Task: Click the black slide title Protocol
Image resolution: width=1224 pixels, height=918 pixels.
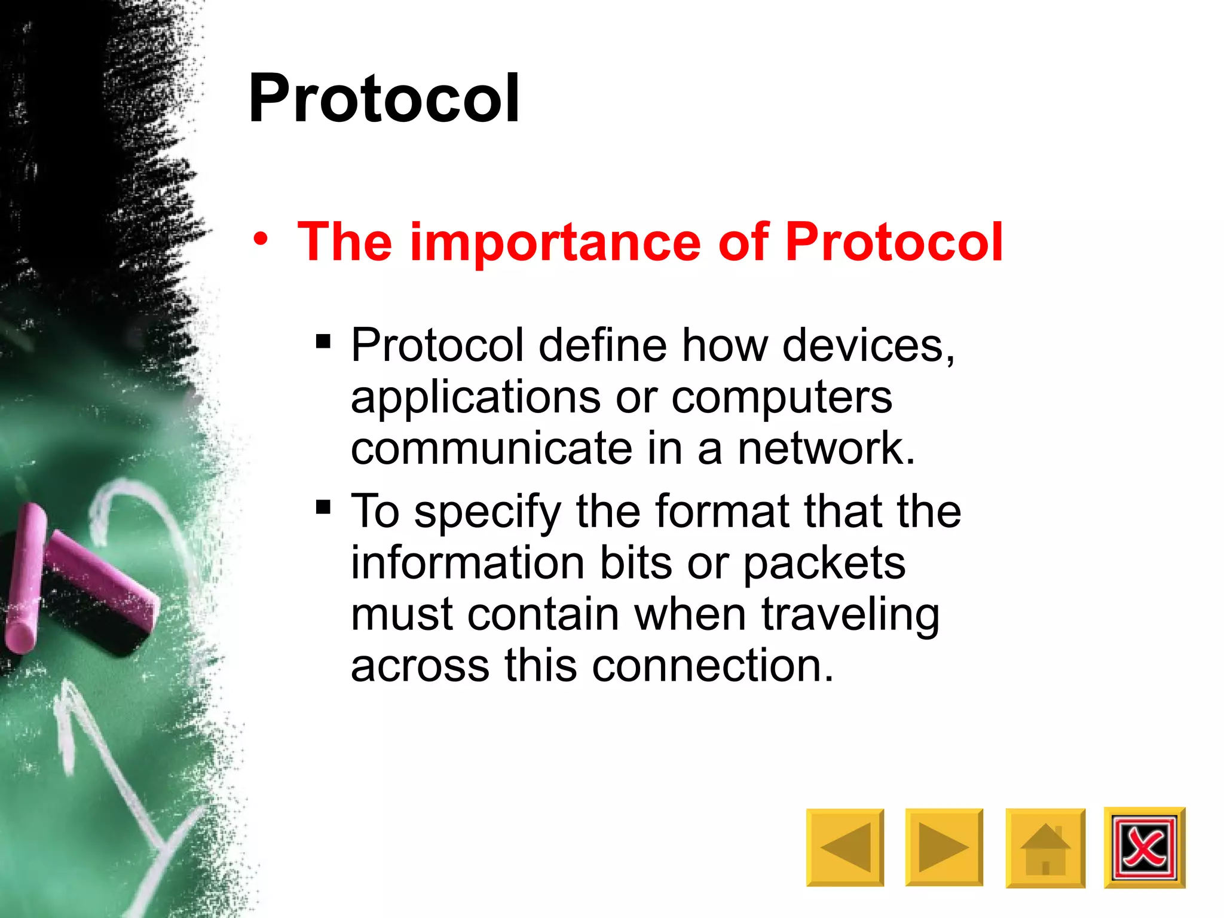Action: click(384, 99)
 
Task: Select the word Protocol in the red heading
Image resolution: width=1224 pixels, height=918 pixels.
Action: click(893, 242)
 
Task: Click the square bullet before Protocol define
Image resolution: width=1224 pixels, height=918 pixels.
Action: click(323, 342)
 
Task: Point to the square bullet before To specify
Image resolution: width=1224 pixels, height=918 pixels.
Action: click(323, 507)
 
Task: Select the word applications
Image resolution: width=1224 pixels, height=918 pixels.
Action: click(476, 397)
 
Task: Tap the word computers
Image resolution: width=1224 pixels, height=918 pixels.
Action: click(782, 397)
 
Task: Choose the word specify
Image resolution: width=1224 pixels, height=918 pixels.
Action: click(488, 513)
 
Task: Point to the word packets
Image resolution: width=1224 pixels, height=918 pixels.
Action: click(824, 564)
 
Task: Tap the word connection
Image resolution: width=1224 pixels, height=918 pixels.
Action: click(705, 666)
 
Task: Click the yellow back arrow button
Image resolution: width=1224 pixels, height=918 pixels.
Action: click(844, 847)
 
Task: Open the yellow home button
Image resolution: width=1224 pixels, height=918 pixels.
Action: click(1045, 848)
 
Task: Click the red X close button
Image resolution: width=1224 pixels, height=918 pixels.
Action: click(1145, 848)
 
